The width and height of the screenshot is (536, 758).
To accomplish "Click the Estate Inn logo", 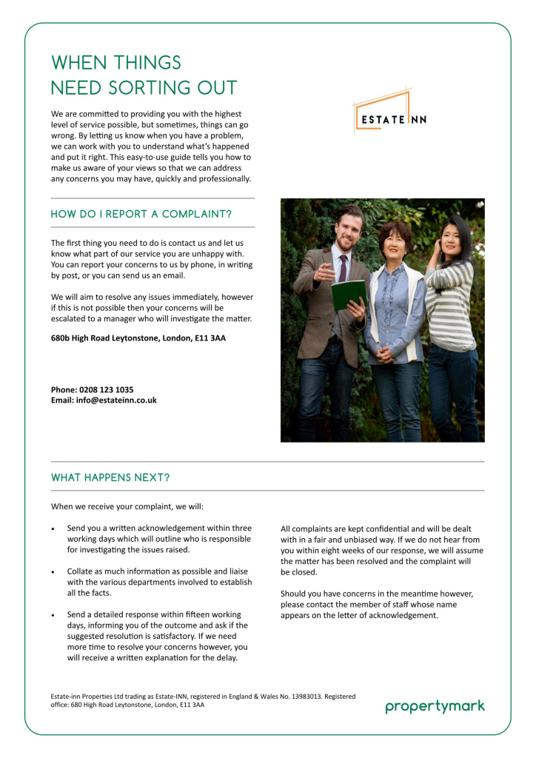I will [x=389, y=113].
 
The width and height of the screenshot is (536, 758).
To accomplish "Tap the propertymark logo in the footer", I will [x=435, y=706].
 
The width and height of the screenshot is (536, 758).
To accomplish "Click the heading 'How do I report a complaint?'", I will [x=141, y=215].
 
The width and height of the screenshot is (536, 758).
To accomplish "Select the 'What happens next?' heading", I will [x=110, y=477].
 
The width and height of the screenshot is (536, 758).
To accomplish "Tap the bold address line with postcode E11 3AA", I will [x=138, y=338].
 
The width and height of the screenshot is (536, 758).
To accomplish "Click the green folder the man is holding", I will [x=349, y=295].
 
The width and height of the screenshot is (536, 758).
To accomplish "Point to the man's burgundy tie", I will [x=342, y=267].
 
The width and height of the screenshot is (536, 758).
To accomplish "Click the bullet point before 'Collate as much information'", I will [x=53, y=573].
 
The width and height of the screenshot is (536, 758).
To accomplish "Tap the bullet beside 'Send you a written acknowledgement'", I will [x=53, y=529].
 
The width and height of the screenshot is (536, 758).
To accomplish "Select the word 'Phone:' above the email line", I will [x=64, y=389].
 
